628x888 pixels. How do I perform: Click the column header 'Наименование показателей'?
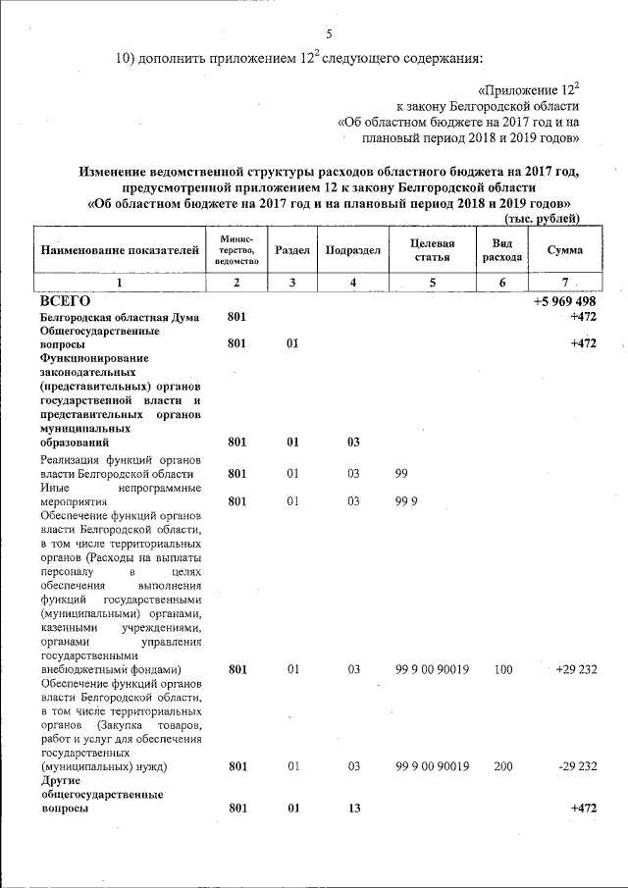click(x=120, y=250)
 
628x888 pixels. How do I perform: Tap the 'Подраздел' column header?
click(x=353, y=250)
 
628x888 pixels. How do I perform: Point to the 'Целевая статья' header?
click(x=432, y=250)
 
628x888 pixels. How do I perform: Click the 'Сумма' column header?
click(x=564, y=250)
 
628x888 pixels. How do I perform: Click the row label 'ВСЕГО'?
click(x=65, y=301)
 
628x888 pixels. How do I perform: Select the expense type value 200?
click(x=502, y=766)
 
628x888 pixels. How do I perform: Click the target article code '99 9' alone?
click(x=406, y=501)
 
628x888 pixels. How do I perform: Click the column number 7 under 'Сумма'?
click(x=564, y=283)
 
